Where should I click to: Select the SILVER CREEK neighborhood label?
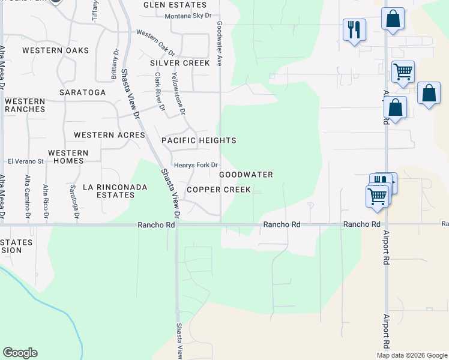click(180, 63)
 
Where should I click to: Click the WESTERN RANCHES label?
click(25, 106)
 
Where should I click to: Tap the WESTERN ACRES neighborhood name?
click(109, 135)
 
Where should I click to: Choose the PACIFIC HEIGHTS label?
click(199, 140)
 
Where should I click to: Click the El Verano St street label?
click(26, 161)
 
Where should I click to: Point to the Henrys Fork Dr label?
click(195, 165)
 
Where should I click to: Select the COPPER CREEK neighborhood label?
click(218, 190)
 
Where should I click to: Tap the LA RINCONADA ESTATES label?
click(109, 191)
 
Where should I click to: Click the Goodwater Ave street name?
click(220, 44)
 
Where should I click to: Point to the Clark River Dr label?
click(160, 92)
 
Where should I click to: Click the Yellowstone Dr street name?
click(179, 94)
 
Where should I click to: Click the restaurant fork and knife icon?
click(354, 29)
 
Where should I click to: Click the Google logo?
click(20, 353)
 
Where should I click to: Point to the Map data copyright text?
click(411, 355)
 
